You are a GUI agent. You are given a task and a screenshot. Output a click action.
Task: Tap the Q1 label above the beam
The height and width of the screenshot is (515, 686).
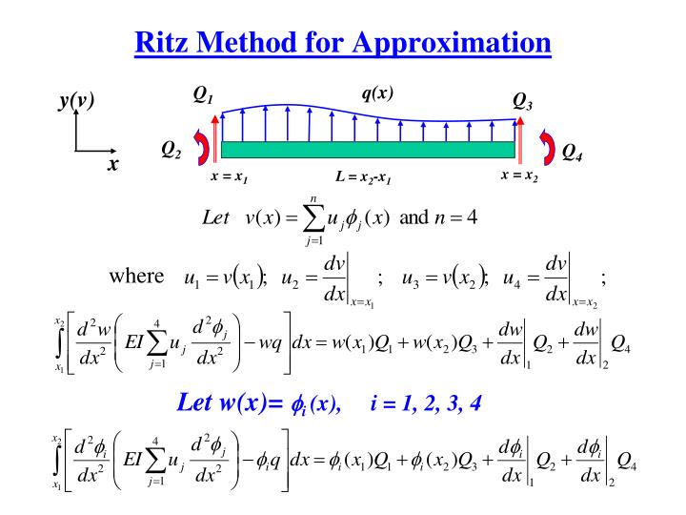(204, 94)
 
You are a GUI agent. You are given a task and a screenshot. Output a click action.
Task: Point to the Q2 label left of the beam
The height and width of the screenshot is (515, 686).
(171, 149)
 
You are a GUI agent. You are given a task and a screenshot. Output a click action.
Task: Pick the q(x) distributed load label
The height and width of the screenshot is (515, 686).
(377, 93)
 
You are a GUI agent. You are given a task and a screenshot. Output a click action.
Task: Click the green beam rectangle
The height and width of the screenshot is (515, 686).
(368, 150)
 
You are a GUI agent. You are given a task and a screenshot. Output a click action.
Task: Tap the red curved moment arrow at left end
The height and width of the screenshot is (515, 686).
(202, 148)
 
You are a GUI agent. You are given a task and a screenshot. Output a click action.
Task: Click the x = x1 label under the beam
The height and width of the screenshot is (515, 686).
(230, 178)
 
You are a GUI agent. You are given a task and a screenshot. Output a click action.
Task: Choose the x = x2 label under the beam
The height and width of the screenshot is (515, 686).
(519, 176)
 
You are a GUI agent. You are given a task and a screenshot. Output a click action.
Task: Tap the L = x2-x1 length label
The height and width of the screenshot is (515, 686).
(364, 178)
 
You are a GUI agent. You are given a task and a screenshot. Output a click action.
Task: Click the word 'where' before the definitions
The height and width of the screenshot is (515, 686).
(137, 277)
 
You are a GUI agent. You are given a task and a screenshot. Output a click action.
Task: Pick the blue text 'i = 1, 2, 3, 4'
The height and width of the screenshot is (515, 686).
(426, 402)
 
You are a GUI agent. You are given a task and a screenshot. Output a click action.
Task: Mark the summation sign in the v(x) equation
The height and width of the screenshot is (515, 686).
(310, 217)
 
